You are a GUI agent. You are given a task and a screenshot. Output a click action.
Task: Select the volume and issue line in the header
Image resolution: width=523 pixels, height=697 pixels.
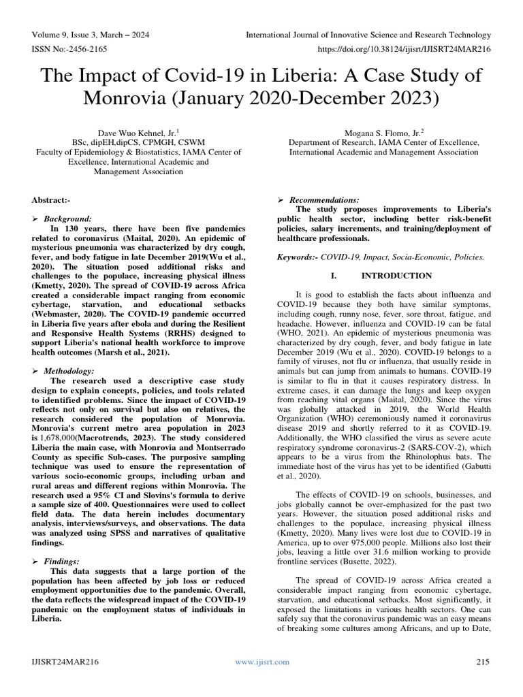point(91,35)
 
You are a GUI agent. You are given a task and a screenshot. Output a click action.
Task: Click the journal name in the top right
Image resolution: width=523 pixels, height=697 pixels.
point(368,35)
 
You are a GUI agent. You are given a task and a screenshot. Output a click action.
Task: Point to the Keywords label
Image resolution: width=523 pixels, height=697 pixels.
point(298,258)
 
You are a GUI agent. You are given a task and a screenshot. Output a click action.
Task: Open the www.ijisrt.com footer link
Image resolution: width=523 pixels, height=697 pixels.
point(261,662)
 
